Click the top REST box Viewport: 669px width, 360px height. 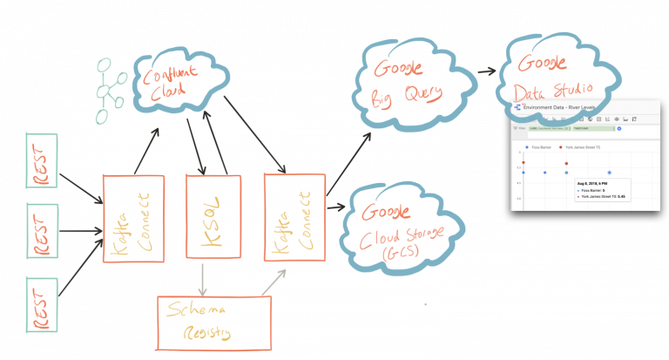[x=42, y=160]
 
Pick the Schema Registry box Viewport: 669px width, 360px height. [x=214, y=322]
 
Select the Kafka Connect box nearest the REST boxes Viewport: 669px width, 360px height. [x=133, y=218]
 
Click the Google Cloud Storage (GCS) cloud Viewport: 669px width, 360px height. [x=406, y=228]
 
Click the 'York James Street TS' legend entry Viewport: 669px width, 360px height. [x=589, y=148]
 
